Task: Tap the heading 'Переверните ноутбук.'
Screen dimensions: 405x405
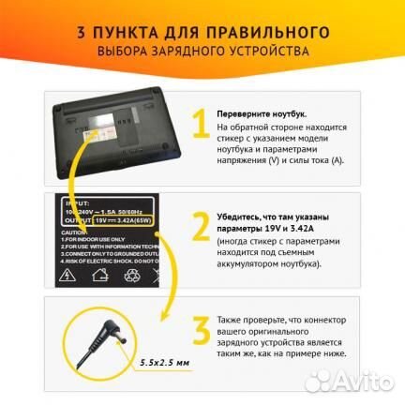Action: click(259, 112)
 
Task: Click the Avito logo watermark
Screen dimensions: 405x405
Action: click(355, 382)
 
